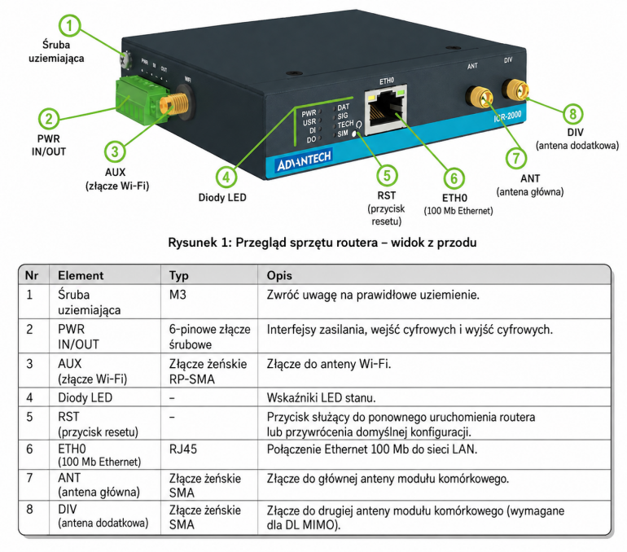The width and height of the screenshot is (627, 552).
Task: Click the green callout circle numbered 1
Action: pos(69,25)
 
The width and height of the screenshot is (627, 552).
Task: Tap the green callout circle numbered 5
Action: pos(387,176)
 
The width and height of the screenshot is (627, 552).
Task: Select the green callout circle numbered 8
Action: pos(572,114)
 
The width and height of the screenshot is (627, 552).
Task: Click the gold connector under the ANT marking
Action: pos(479,97)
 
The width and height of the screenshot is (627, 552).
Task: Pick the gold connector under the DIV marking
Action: pos(515,89)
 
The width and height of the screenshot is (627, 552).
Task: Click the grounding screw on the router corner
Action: pos(126,59)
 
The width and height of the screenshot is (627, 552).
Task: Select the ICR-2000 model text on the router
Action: pos(507,116)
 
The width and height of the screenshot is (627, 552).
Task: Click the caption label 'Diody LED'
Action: pos(222,198)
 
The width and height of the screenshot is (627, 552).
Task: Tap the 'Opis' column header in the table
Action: pos(279,275)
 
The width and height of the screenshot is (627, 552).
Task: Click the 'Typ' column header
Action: pos(179,276)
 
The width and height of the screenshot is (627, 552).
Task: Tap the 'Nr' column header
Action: pos(32,275)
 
